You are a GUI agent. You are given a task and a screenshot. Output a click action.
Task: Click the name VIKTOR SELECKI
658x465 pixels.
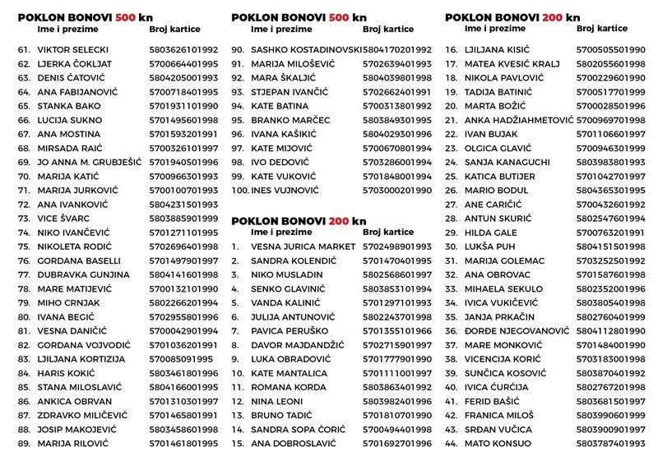coord(73,50)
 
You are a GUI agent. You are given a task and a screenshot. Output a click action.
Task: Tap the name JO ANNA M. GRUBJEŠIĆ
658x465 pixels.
coord(90,162)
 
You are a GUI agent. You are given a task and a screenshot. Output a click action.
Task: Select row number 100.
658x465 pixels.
coord(239,190)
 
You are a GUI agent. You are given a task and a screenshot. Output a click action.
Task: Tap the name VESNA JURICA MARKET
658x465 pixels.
coord(304,246)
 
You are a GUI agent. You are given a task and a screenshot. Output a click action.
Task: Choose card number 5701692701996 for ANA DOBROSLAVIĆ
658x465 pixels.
coord(396,443)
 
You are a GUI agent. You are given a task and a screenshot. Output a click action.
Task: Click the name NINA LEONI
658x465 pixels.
coord(276,401)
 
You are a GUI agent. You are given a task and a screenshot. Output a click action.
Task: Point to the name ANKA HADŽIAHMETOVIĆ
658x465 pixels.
coord(519,120)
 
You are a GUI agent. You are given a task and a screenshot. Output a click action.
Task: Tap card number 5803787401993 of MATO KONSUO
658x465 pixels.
coord(610,443)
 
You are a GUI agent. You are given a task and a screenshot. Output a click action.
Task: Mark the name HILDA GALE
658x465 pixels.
coord(492,232)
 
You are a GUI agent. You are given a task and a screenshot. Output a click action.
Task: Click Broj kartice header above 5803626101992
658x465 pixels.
coord(177,29)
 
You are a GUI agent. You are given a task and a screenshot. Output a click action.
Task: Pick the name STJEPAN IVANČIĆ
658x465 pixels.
coord(289,92)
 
